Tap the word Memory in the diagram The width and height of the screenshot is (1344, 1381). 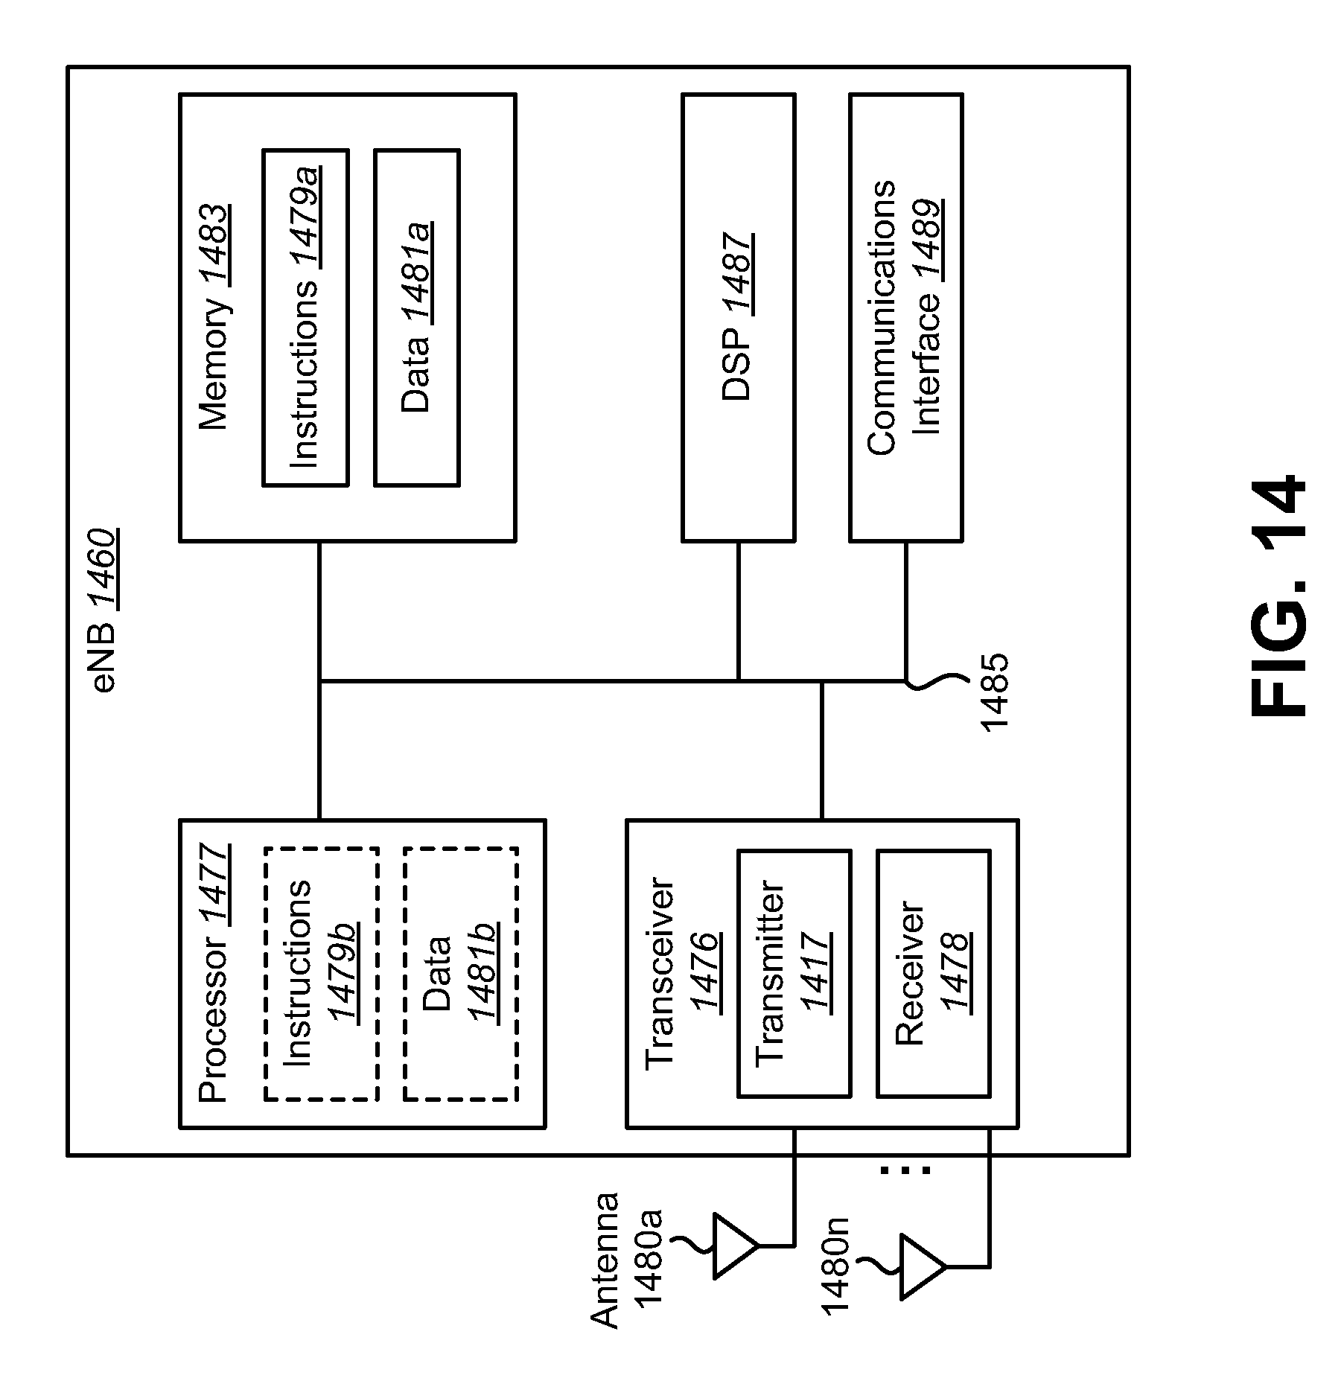[214, 364]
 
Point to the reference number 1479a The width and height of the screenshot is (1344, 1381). [305, 216]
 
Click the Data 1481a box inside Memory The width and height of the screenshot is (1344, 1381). [416, 318]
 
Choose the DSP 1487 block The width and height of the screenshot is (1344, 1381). [738, 318]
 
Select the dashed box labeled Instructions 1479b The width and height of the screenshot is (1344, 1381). [321, 974]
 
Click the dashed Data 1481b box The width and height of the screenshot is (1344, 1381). [460, 974]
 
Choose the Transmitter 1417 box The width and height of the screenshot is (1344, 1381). [793, 974]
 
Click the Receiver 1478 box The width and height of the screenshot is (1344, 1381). [932, 974]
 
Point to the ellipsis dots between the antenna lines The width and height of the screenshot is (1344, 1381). [905, 1170]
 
